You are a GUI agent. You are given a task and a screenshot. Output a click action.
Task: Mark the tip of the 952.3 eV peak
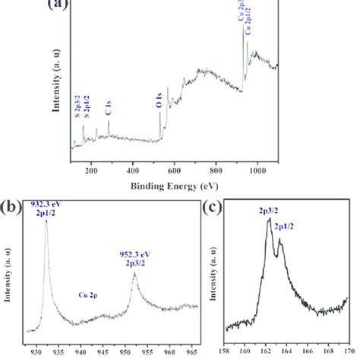134,273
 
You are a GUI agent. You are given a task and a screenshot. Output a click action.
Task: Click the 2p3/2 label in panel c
267,206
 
